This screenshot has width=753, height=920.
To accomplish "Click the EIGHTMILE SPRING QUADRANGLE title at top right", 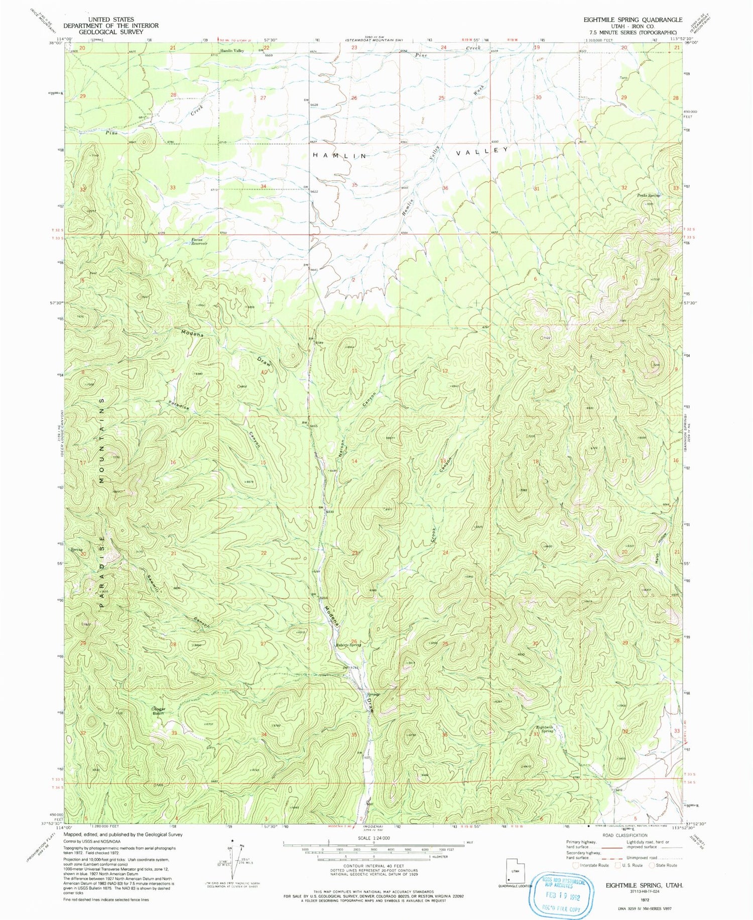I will pos(633,20).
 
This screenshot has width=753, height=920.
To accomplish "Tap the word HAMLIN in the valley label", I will pos(340,156).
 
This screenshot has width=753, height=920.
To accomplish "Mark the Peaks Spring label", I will pos(649,195).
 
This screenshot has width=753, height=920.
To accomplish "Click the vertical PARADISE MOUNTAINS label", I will pos(102,502).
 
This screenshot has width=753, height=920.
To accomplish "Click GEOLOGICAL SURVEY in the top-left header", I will pos(111,32).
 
